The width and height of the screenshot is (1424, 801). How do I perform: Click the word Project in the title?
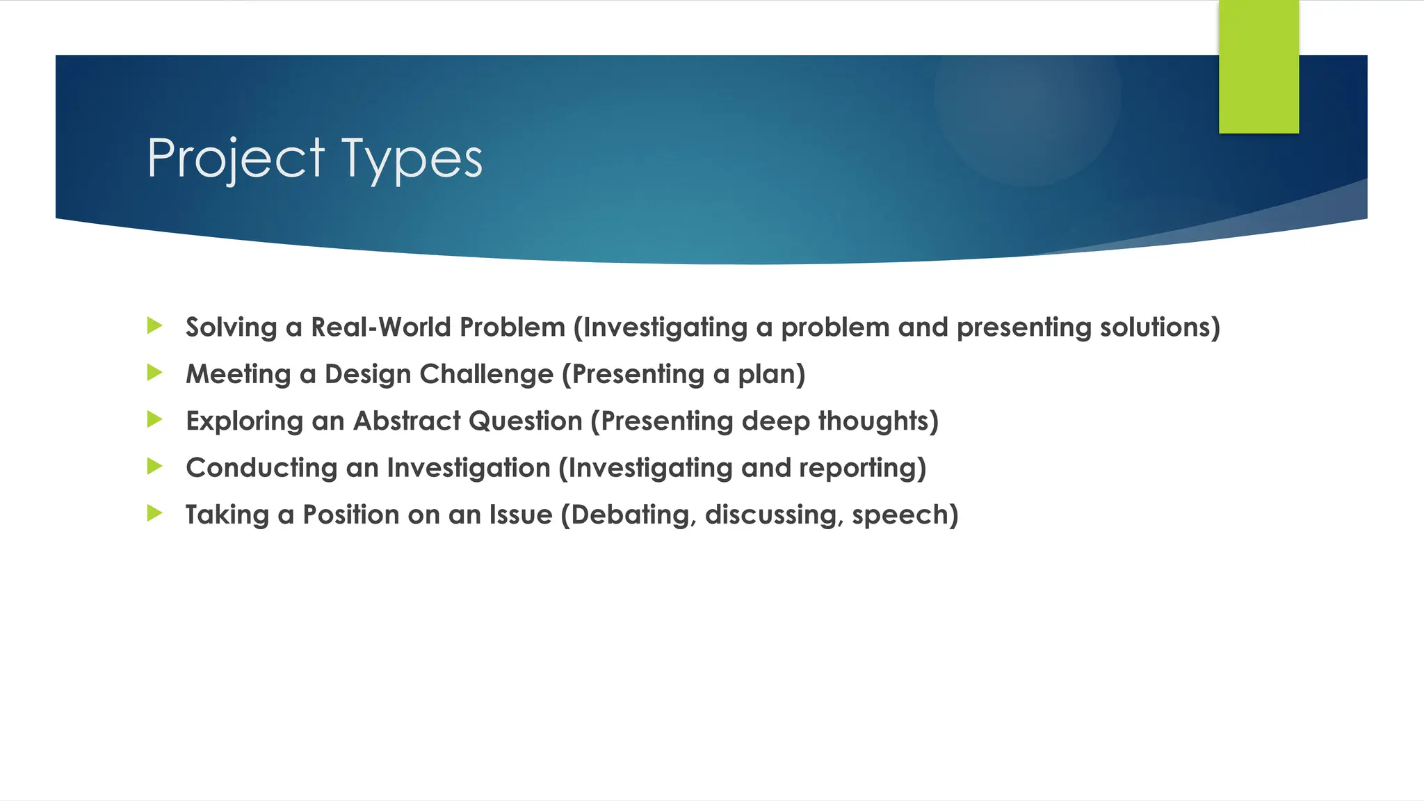click(x=236, y=159)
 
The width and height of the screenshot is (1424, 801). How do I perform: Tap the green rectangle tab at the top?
click(x=1259, y=67)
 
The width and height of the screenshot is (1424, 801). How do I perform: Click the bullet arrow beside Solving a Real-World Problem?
click(x=154, y=325)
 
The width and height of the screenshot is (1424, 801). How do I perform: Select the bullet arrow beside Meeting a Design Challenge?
click(x=154, y=373)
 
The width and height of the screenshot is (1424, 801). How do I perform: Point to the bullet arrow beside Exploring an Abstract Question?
click(x=154, y=419)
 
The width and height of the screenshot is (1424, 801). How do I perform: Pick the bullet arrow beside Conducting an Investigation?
click(x=154, y=466)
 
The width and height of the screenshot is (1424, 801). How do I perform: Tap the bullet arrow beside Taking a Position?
click(x=154, y=513)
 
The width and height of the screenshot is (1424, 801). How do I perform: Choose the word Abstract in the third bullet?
click(x=407, y=421)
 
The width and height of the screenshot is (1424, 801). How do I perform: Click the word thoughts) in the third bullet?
click(x=878, y=421)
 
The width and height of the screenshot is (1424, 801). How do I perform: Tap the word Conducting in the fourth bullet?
click(x=261, y=467)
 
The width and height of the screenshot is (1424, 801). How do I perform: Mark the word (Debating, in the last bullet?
click(x=629, y=515)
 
